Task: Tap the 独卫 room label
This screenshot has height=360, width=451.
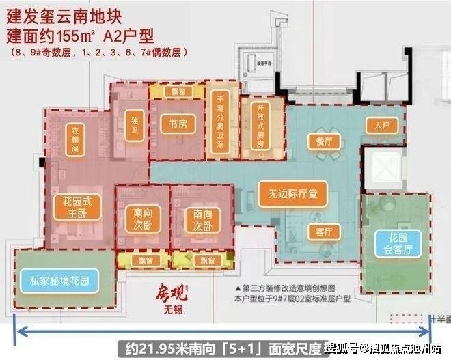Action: (x=134, y=124)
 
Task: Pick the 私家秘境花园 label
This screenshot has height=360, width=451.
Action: (x=60, y=279)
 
